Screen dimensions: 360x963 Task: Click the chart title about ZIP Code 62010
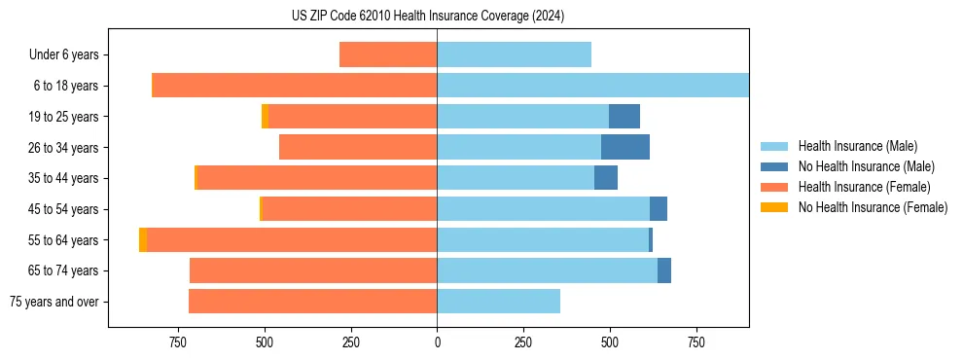[428, 17]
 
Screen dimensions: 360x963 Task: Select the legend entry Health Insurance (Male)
[856, 146]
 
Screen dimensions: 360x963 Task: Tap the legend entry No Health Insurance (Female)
[872, 207]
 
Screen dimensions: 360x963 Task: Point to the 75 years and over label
[53, 302]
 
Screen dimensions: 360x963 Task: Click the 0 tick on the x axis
[437, 342]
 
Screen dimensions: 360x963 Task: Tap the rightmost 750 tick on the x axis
[695, 342]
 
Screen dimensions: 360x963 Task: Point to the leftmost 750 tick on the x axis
[178, 342]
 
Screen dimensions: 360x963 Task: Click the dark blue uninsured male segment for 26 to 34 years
[625, 147]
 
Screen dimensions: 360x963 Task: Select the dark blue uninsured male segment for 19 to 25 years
[624, 117]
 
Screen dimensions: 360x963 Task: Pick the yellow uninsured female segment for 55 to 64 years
[143, 240]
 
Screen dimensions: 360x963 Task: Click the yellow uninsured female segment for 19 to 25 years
[265, 117]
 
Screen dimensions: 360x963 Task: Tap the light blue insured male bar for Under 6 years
[514, 55]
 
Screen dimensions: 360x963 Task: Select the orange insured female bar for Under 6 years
[388, 55]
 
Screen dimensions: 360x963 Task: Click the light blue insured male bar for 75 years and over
[498, 302]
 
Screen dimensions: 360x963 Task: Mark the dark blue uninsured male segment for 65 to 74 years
[664, 270]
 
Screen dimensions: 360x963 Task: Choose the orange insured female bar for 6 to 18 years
[295, 86]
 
